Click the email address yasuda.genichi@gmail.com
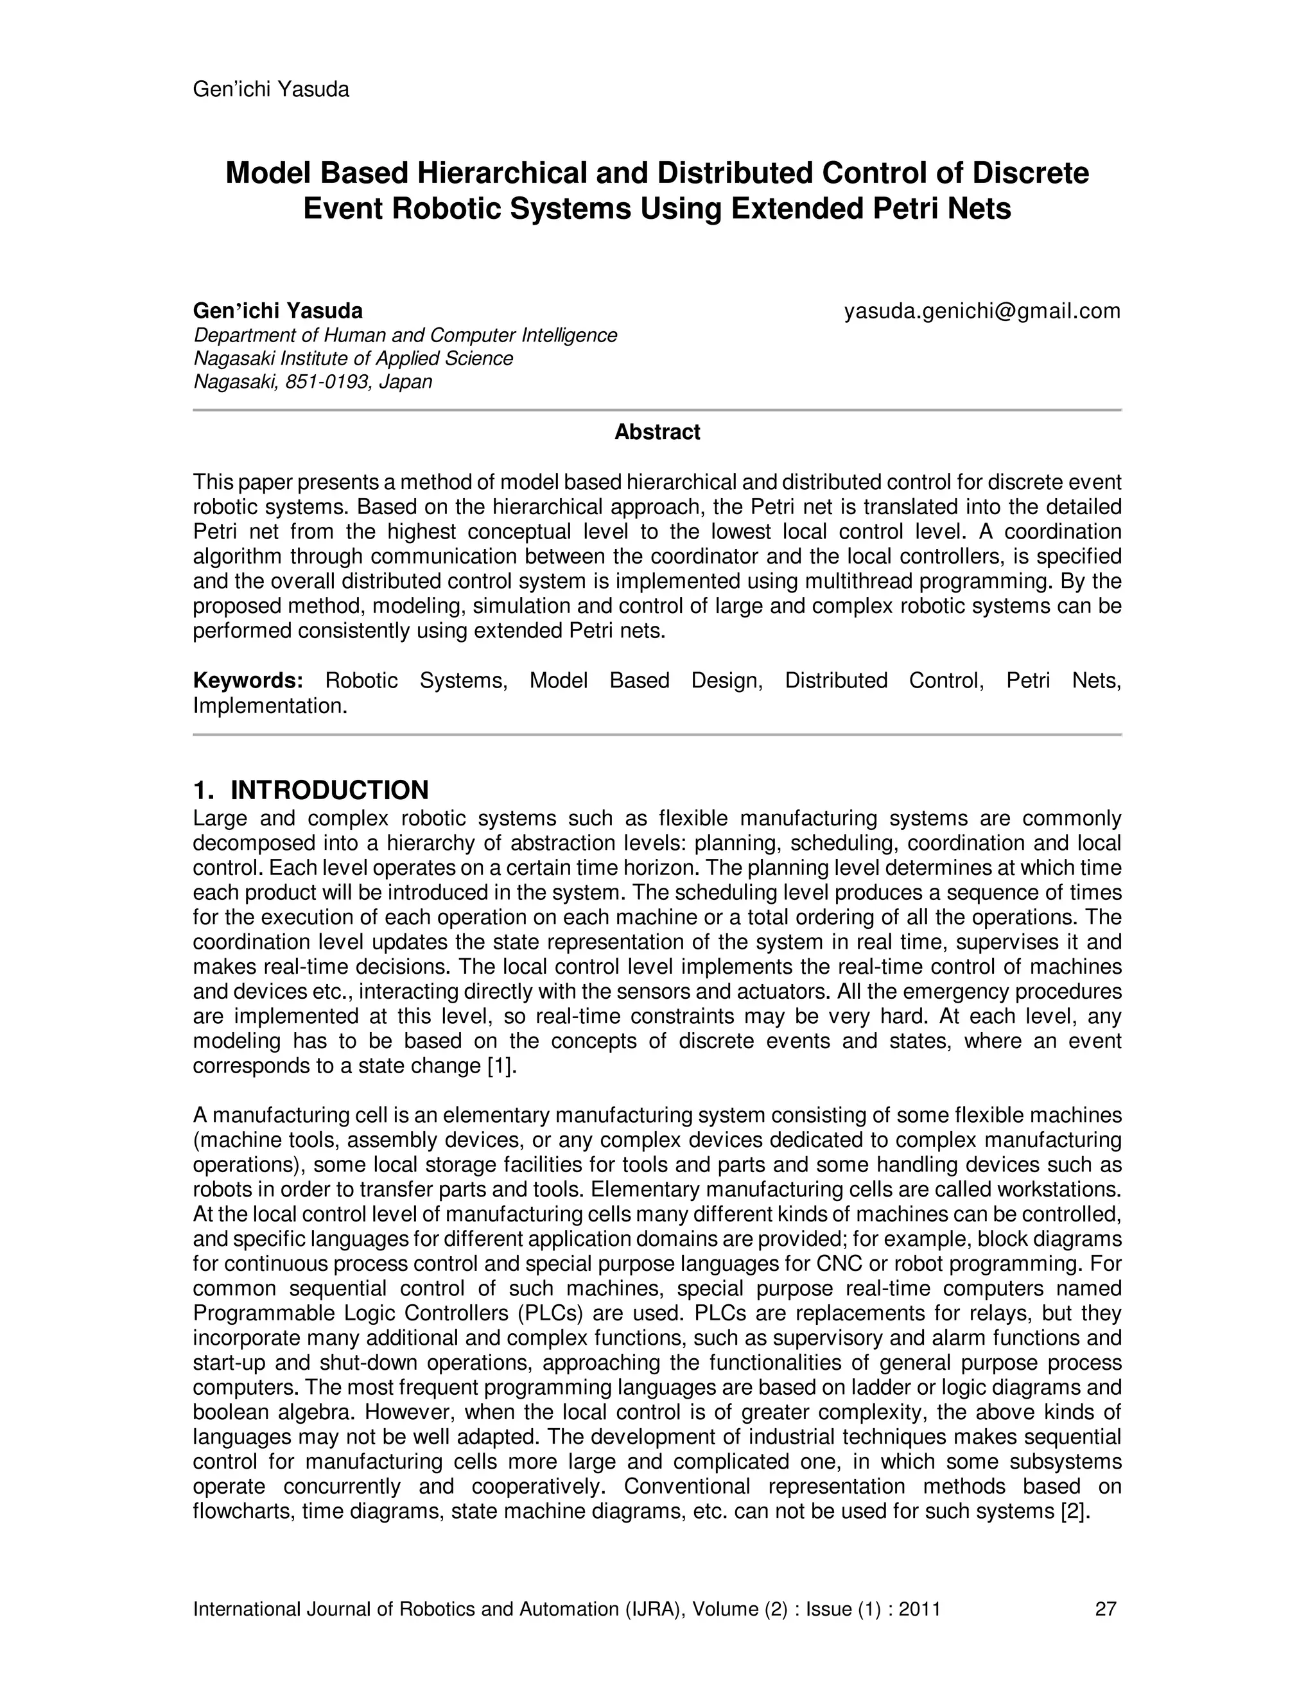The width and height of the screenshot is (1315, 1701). (982, 311)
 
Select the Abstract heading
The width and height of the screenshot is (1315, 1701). (657, 432)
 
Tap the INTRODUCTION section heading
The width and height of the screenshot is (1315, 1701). (329, 790)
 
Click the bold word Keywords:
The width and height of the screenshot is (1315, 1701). (248, 680)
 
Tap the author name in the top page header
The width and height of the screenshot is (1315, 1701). (270, 90)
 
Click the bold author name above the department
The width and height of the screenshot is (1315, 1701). (277, 311)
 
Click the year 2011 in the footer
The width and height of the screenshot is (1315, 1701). (919, 1609)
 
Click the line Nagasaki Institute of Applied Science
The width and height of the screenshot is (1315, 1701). (353, 359)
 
